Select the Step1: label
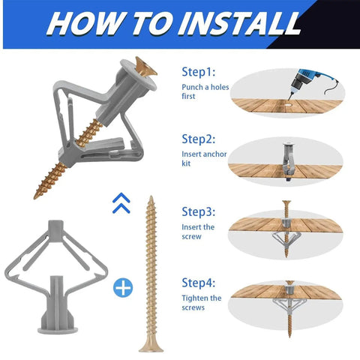[x=199, y=72]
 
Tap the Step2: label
[x=199, y=139]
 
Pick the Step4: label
[x=199, y=283]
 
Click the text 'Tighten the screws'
[x=201, y=302]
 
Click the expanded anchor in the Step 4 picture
[x=288, y=298]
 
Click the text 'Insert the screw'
[x=199, y=231]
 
